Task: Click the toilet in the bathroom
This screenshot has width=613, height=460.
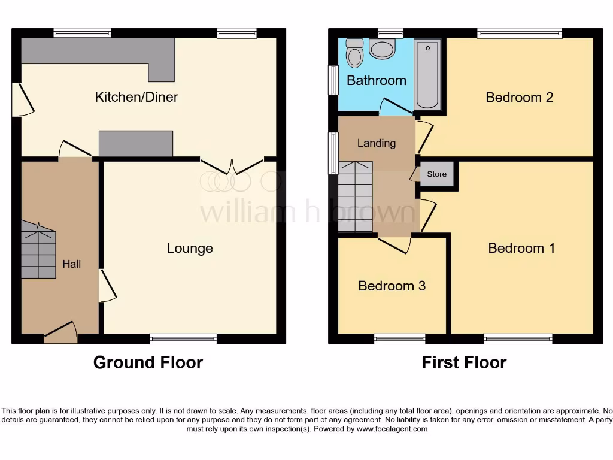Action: (354, 53)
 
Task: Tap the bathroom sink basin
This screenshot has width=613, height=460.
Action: (382, 49)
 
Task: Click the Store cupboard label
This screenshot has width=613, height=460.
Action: (436, 174)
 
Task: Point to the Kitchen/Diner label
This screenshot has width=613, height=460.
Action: (136, 97)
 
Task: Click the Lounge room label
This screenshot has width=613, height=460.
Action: (190, 248)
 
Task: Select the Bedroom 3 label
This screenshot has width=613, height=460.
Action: (392, 286)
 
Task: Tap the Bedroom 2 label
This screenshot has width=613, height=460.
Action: (519, 97)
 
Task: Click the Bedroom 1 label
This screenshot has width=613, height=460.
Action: (521, 248)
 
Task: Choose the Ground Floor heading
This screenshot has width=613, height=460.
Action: (148, 362)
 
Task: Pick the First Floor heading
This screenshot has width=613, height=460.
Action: (464, 362)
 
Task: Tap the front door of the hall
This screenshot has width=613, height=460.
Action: (60, 332)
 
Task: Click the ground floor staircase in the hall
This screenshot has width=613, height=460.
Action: (39, 250)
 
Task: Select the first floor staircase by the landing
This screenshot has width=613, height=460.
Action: (356, 197)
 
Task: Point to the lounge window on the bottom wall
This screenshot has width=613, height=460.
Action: (183, 339)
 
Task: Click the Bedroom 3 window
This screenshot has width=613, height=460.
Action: (400, 339)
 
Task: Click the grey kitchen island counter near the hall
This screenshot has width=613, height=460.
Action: (136, 144)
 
